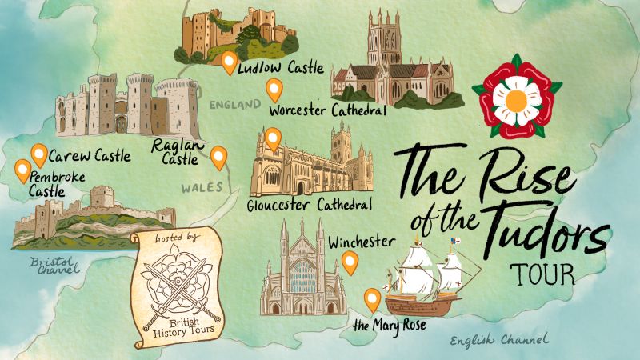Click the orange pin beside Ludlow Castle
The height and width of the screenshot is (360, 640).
(x=230, y=62)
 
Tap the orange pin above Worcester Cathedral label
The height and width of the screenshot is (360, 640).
(x=274, y=90)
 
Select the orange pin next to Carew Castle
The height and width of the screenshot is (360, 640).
(x=38, y=154)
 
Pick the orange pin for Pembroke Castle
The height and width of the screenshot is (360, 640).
(x=22, y=170)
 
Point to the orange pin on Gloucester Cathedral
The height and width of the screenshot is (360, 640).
(x=273, y=139)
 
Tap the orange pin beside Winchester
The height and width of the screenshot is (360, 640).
(x=349, y=261)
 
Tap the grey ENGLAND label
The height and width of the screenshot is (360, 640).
(x=235, y=104)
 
